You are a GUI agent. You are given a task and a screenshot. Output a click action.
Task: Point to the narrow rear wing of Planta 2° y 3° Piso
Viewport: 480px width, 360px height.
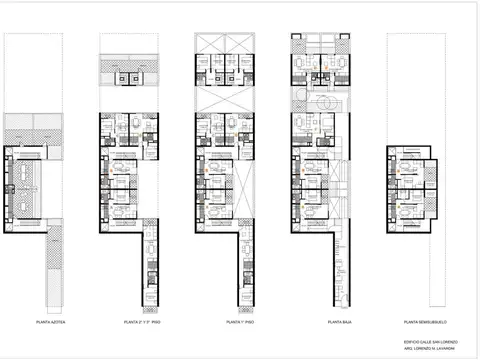151,270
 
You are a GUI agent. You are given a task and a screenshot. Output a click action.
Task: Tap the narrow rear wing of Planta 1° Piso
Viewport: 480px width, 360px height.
247,270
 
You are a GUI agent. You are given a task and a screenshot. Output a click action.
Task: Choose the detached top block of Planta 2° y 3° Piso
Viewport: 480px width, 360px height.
130,77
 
